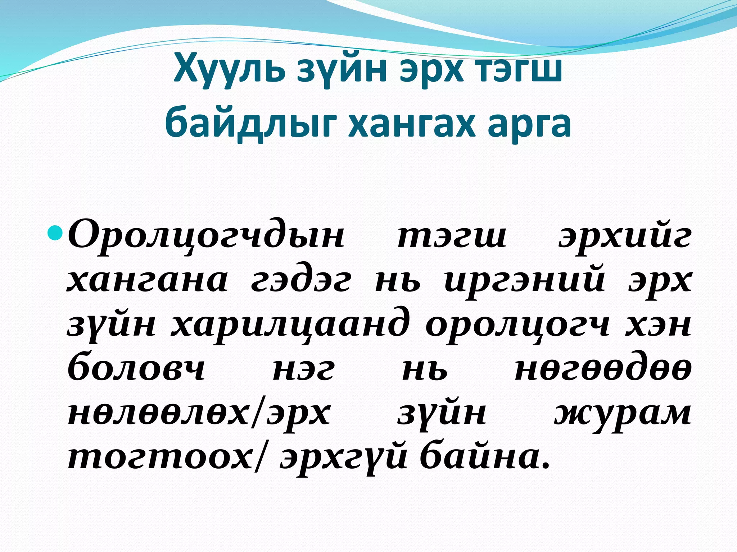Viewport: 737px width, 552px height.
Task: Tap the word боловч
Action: [136, 368]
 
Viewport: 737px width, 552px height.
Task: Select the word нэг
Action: [303, 368]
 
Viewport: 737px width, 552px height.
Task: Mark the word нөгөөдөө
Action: [603, 368]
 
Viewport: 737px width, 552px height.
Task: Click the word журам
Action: [623, 413]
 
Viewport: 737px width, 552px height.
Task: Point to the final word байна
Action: [485, 456]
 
